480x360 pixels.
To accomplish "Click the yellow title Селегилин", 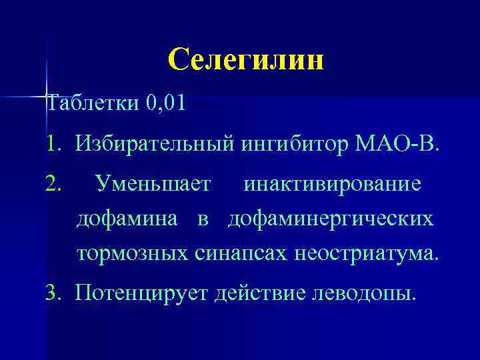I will (x=246, y=60).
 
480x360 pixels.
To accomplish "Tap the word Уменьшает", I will (x=153, y=182).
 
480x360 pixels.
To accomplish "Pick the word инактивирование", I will (x=332, y=182).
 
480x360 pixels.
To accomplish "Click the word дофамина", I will (x=127, y=219).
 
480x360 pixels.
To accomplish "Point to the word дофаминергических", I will (x=330, y=219).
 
